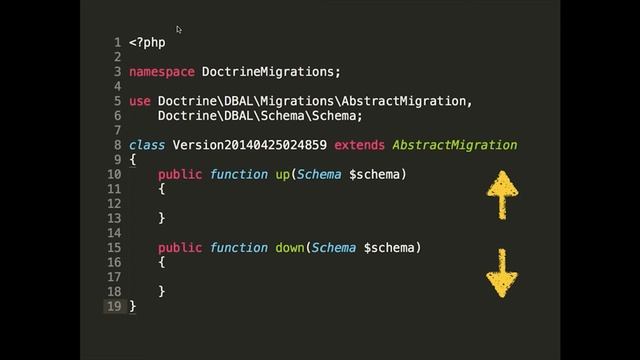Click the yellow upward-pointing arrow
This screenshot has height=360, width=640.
(x=502, y=193)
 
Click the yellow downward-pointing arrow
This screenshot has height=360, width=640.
(x=502, y=271)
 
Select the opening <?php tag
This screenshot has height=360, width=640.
(x=147, y=43)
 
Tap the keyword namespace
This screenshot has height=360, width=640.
(x=162, y=72)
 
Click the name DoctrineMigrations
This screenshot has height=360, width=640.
(x=271, y=72)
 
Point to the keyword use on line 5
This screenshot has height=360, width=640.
(x=140, y=101)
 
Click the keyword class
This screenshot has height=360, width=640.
(x=147, y=145)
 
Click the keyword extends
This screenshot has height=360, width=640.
(x=359, y=145)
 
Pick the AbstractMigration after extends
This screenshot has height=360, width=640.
(x=454, y=145)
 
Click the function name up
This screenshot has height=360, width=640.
(x=283, y=174)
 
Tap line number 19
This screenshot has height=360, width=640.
(x=114, y=306)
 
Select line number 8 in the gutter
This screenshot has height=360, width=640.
(x=117, y=145)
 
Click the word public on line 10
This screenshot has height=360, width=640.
(x=180, y=174)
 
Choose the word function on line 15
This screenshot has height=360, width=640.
(x=239, y=247)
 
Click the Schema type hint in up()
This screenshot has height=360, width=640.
(x=319, y=174)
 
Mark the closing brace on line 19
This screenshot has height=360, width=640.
(x=133, y=306)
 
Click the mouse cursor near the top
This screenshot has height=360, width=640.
(x=179, y=30)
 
